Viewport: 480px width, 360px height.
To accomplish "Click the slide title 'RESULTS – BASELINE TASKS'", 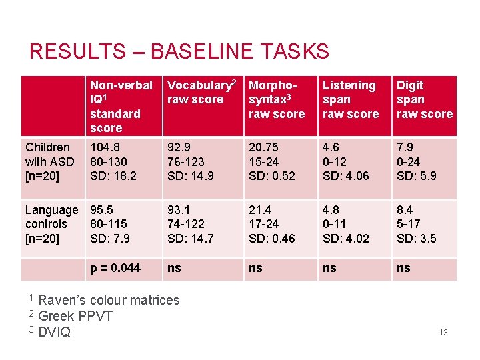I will (x=179, y=51).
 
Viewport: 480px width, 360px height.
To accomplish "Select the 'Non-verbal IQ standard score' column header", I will (x=121, y=106).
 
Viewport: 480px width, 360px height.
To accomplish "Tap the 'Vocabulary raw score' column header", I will (x=202, y=92).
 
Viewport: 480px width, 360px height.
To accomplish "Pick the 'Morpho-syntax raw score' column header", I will (x=277, y=99).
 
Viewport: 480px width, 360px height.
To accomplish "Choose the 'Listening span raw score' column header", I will (x=350, y=99).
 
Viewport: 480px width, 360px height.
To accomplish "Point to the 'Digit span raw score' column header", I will (x=424, y=99).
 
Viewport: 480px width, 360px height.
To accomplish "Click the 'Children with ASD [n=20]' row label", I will (x=50, y=161).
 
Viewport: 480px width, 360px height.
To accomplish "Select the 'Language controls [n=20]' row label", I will (x=51, y=224).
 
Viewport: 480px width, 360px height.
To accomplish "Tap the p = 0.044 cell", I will (x=115, y=268).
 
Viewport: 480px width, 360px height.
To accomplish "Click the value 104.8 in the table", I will (x=105, y=147).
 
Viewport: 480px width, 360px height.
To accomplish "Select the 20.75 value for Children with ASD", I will (x=263, y=147).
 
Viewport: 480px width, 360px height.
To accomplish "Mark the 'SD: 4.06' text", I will (x=345, y=176).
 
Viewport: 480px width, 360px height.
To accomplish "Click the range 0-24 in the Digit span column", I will (x=409, y=161).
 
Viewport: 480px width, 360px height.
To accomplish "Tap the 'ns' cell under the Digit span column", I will (x=403, y=268).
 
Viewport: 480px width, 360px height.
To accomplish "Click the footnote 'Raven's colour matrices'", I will (x=109, y=300).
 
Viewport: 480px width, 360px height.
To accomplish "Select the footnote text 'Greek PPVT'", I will (x=75, y=315).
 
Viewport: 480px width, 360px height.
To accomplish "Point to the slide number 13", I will (x=443, y=332).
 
